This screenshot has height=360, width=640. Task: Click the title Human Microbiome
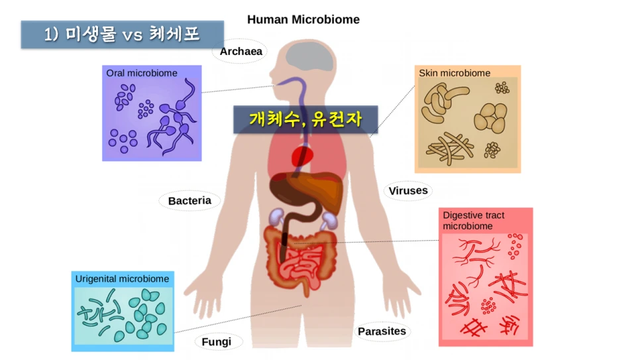pos(303,20)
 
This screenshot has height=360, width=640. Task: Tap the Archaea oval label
pos(241,51)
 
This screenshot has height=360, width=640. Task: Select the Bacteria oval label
pos(189,200)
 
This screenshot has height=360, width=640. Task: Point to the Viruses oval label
pos(408,191)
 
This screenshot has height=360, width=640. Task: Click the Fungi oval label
pos(217,341)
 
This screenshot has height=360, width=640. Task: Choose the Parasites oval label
pos(382,331)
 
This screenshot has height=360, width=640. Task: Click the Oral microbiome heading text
pos(142,73)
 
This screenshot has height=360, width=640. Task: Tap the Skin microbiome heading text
pos(454,73)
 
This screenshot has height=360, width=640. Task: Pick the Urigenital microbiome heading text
pos(122,279)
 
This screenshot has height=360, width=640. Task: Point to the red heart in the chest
pos(303,156)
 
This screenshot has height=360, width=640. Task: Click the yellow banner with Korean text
pos(305,119)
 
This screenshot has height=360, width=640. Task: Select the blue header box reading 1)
pos(122,34)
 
